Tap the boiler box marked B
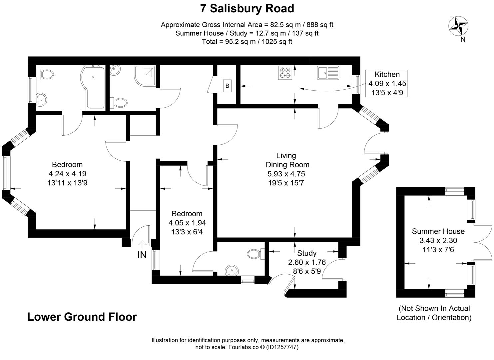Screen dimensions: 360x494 click(x=227, y=86)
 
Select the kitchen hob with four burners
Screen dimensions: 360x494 click(x=285, y=73)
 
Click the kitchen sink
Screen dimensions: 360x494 click(x=327, y=73)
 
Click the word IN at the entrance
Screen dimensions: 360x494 click(x=142, y=255)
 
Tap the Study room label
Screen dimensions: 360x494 click(x=307, y=253)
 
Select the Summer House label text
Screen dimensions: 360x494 click(x=438, y=231)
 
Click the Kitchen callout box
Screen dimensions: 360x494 click(x=387, y=83)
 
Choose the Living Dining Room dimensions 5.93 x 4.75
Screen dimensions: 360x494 click(x=286, y=174)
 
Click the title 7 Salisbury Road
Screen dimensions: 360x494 click(x=247, y=8)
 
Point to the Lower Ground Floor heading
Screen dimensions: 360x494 click(x=82, y=317)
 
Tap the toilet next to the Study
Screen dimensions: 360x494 click(x=255, y=254)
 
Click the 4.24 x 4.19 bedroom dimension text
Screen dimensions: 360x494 click(x=67, y=174)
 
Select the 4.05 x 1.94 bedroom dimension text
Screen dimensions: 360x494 click(x=187, y=223)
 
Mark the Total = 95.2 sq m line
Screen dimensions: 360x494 click(x=247, y=42)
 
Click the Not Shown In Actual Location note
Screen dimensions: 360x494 click(x=434, y=313)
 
